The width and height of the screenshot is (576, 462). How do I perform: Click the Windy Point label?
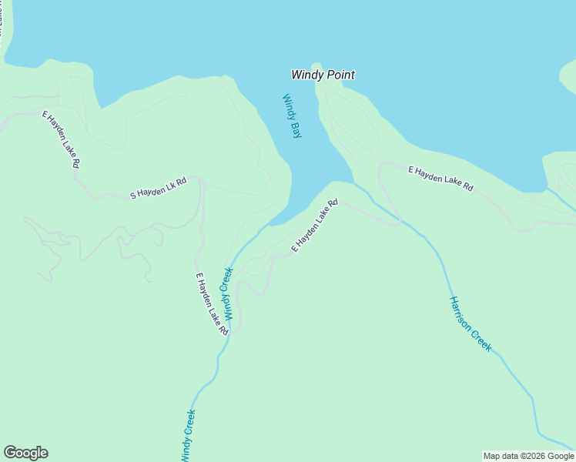tap(323, 75)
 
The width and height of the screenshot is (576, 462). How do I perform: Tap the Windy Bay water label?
tap(292, 115)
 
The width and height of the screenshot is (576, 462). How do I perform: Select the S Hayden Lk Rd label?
tap(159, 189)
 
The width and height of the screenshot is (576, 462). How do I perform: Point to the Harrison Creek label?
tap(471, 323)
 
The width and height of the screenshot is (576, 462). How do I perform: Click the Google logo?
tap(25, 453)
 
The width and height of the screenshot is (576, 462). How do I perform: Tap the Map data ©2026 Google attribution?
tap(528, 456)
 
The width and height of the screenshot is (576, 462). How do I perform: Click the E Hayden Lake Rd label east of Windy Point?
tap(440, 178)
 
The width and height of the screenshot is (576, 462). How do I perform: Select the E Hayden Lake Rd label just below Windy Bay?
tap(315, 226)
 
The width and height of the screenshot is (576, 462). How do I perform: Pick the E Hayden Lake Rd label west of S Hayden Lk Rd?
tap(61, 139)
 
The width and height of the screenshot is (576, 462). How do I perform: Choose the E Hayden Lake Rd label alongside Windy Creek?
tap(212, 303)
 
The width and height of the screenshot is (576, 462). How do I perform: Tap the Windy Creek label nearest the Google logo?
tap(189, 435)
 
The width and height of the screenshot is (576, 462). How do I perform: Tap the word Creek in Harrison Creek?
tap(482, 340)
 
